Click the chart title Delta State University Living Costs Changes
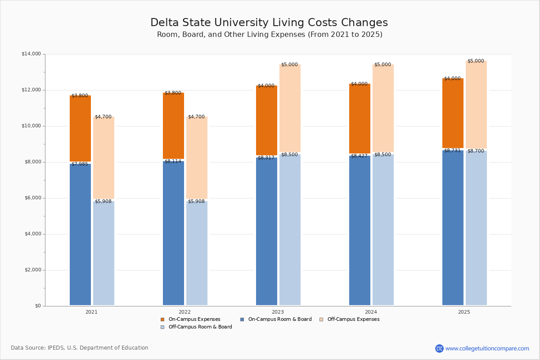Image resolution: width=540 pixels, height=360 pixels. pos(269,23)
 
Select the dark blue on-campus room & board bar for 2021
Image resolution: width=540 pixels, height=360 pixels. pos(80,234)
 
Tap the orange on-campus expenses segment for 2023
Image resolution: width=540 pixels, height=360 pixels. pos(266,120)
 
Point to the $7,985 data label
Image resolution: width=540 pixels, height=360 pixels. pos(80,164)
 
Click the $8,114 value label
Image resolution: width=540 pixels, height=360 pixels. pos(173,162)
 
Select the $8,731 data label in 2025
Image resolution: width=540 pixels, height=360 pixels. pos(453,151)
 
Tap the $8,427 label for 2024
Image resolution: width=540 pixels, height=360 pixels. pos(360,156)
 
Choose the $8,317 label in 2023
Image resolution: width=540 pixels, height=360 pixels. pos(266,158)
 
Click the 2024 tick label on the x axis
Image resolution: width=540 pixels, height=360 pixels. pos(371,312)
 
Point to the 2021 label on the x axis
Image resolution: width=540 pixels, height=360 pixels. pos(92,312)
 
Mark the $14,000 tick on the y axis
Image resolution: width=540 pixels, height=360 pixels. pos(31,54)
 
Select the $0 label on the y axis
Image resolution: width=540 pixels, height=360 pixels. pos(38,306)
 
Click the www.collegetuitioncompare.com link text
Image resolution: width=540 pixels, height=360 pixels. pos(487,348)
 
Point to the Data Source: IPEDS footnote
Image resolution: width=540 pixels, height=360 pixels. pos(80,348)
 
